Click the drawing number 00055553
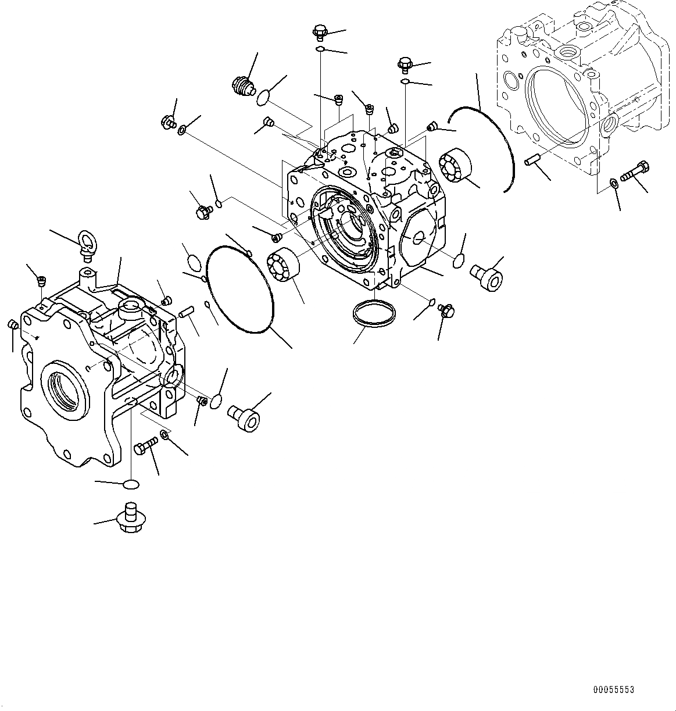[613, 689]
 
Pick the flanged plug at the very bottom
[131, 515]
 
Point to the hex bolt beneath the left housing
[144, 446]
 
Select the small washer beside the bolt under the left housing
[165, 435]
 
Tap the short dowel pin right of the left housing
[187, 312]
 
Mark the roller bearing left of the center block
[283, 265]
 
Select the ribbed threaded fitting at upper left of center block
[242, 87]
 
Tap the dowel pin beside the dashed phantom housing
[534, 159]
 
